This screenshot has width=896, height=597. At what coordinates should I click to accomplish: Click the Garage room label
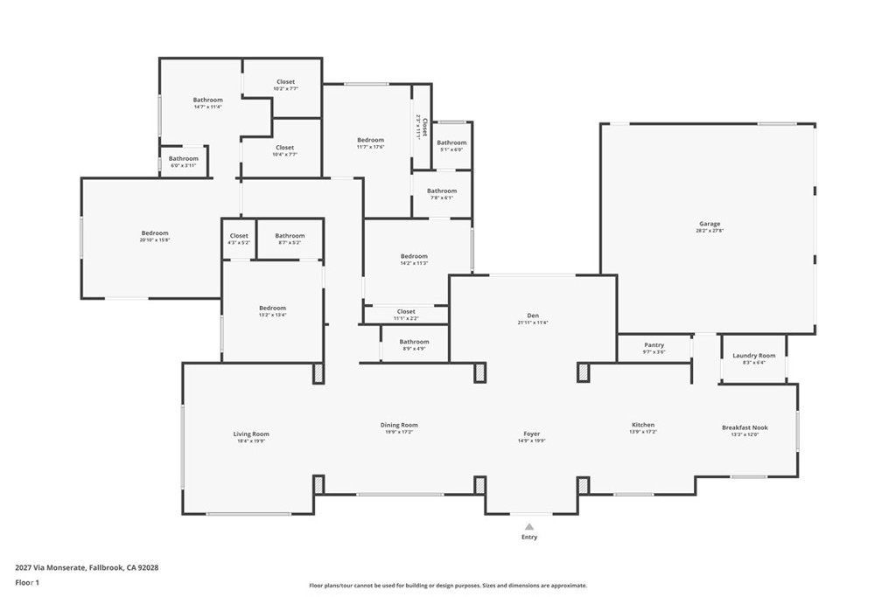coord(710,224)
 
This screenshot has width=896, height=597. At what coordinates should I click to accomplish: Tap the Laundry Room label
coord(753,356)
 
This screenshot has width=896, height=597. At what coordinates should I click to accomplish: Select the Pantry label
coord(654,345)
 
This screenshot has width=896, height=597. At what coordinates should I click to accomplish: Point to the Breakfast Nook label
coord(745,427)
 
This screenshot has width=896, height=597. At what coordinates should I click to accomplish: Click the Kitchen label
coord(643,425)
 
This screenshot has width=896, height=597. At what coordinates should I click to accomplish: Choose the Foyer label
coord(532,434)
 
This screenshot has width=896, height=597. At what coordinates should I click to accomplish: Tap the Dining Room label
coord(398,425)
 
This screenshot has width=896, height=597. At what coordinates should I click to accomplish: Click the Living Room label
coord(251,434)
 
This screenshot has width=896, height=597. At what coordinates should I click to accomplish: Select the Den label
coord(532,316)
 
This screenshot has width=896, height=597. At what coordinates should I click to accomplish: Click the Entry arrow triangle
coord(529,526)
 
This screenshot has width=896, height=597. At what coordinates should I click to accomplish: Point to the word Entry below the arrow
coord(529,537)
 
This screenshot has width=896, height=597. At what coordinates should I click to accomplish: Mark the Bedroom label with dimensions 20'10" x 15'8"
coord(155,233)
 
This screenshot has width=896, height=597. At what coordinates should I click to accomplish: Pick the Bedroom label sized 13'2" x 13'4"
coord(272,308)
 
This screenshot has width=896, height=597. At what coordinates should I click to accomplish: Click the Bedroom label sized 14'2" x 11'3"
coord(414,256)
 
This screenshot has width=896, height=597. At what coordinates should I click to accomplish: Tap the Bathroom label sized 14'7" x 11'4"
coord(207,100)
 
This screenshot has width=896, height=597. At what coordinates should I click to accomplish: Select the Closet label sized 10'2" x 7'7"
coord(285,82)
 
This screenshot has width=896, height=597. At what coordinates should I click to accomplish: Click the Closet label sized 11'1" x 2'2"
coord(406,311)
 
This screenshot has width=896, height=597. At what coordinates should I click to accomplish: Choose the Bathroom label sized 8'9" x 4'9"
coord(414,342)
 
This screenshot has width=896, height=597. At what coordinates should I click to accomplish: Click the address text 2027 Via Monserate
coord(52,567)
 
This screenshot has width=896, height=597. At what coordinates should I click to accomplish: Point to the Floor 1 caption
coord(27,582)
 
